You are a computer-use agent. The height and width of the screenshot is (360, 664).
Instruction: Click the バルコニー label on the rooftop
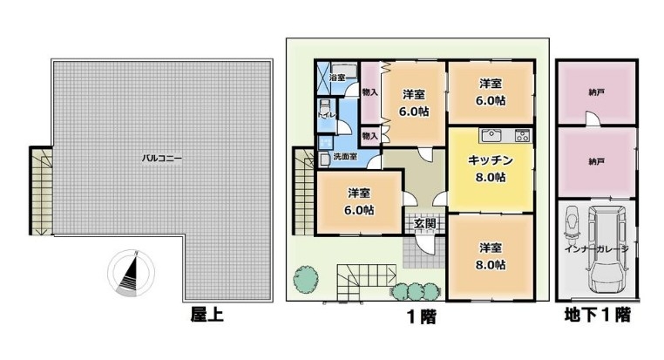(161, 159)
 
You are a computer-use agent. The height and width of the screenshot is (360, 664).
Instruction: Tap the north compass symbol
(131, 272)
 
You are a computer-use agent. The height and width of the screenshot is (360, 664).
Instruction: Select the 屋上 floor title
(207, 315)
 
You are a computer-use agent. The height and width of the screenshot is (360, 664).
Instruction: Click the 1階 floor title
(422, 316)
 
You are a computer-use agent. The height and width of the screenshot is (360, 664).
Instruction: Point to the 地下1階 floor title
(598, 315)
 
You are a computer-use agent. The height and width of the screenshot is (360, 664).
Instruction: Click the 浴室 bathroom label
(337, 78)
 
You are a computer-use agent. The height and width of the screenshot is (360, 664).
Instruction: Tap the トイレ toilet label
(327, 115)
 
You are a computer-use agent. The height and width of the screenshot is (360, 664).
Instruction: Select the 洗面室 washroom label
(345, 156)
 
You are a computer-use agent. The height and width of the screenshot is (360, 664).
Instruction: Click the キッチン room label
(491, 160)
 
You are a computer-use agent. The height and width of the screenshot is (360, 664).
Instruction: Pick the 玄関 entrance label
(424, 224)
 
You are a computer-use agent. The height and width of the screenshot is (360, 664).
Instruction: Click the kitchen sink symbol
(491, 135)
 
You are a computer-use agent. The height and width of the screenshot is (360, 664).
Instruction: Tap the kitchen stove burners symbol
(522, 135)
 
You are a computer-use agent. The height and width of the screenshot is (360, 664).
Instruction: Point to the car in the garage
(606, 249)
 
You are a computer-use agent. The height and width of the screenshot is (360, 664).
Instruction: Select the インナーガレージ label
(596, 249)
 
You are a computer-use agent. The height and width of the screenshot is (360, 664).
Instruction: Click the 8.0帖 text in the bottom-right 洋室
(491, 265)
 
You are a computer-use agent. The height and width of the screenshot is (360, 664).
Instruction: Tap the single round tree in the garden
(306, 279)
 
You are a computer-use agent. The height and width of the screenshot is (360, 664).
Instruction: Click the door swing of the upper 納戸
(593, 119)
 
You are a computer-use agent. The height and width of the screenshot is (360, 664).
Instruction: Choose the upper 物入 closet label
(369, 92)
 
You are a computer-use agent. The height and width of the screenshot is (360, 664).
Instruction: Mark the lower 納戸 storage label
(596, 161)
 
